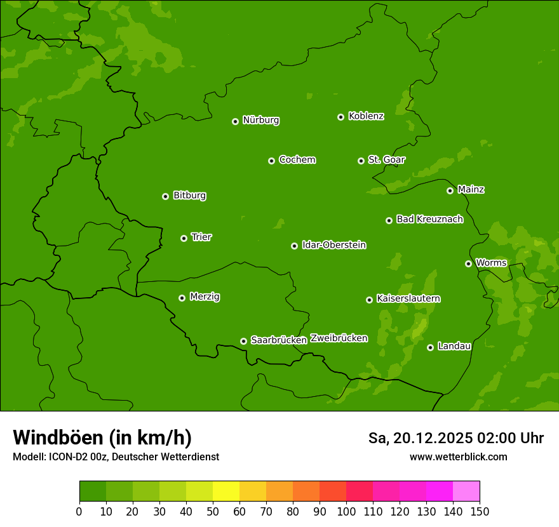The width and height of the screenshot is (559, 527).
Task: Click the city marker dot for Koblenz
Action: [x=340, y=117]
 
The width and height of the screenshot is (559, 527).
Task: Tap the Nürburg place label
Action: [x=260, y=120]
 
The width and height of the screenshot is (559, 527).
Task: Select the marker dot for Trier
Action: [x=184, y=238]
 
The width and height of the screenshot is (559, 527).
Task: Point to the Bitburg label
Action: [x=189, y=196]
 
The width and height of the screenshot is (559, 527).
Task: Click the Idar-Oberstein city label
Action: [x=333, y=245]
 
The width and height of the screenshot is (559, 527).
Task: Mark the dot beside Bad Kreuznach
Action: [x=389, y=220]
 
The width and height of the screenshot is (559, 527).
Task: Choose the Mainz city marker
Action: [x=450, y=190]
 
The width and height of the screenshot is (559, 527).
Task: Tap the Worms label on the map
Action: [x=491, y=263]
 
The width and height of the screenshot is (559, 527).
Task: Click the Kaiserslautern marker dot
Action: [x=369, y=300]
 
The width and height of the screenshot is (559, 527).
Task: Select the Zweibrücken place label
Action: [x=339, y=338]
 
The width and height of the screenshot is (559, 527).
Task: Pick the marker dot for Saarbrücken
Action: [x=243, y=341]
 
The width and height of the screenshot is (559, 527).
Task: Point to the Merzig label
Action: [x=205, y=297]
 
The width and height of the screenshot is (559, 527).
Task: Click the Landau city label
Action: [x=454, y=346]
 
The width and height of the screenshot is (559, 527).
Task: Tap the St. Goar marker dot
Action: [x=361, y=161]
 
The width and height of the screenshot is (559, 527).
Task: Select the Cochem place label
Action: [x=297, y=159]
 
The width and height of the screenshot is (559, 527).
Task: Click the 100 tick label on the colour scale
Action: [x=346, y=512]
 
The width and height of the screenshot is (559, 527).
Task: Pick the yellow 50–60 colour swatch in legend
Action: [x=226, y=491]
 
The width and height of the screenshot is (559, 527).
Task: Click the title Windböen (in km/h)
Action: [x=102, y=437]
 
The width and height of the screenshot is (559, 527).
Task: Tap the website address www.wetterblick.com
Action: [x=458, y=457]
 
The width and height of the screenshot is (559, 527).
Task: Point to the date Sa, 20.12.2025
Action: [x=420, y=438]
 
